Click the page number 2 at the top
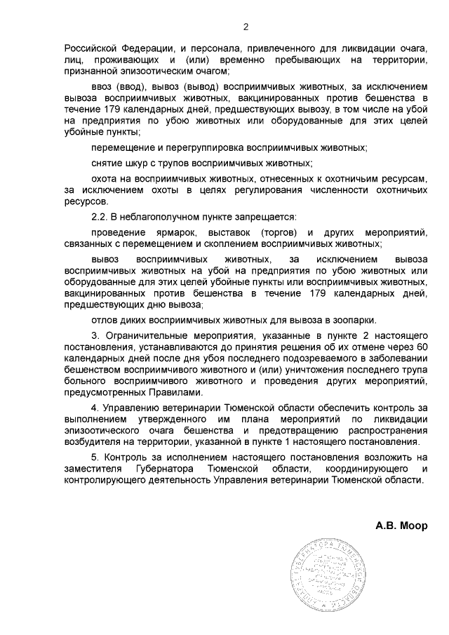click(x=246, y=27)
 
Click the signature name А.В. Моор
click(x=401, y=525)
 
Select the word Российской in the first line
click(x=90, y=48)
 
